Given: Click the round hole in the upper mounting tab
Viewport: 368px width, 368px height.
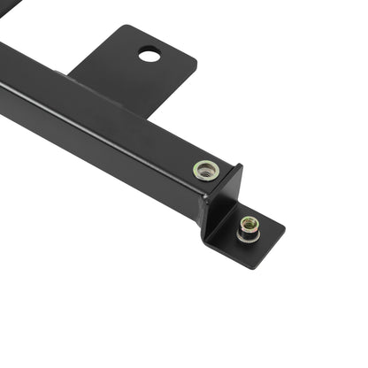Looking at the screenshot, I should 149,56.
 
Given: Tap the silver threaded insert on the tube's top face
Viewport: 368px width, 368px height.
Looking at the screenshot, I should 206,169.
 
